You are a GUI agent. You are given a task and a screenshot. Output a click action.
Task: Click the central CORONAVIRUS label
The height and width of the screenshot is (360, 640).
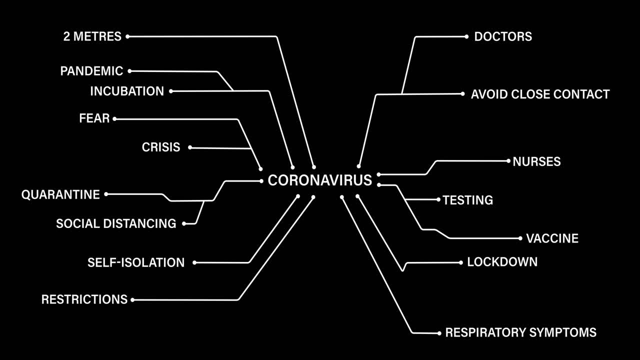click(x=320, y=180)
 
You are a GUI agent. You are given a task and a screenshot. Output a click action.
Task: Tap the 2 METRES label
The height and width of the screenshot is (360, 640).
click(x=92, y=36)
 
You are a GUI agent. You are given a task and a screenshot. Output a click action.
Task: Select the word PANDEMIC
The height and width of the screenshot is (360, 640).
click(x=91, y=71)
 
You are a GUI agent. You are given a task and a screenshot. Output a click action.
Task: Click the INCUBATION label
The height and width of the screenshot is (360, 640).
click(x=127, y=91)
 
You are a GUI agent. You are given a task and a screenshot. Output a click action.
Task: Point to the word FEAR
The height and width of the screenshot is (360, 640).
click(x=94, y=119)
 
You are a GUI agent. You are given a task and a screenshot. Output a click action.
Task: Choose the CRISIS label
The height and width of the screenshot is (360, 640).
click(x=161, y=147)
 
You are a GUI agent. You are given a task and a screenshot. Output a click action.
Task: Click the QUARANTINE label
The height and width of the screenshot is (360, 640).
click(x=60, y=194)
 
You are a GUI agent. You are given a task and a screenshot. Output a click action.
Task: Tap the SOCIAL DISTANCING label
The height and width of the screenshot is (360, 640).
click(x=116, y=223)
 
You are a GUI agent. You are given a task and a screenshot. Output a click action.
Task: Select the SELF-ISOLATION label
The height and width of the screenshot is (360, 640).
click(x=136, y=262)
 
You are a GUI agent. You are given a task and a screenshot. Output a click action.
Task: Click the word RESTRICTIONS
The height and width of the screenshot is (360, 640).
click(x=84, y=299)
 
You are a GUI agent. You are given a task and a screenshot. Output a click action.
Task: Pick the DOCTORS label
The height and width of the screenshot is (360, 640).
click(x=503, y=36)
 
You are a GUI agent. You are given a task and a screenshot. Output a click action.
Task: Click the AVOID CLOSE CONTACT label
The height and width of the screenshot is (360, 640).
click(x=540, y=94)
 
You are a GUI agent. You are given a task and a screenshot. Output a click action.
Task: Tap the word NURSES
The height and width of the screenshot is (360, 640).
click(x=536, y=161)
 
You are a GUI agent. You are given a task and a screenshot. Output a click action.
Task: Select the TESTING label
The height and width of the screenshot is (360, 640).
click(x=468, y=200)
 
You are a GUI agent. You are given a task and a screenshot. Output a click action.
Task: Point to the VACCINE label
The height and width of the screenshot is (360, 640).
click(x=552, y=238)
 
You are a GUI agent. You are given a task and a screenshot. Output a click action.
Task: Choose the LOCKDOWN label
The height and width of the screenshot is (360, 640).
click(x=502, y=262)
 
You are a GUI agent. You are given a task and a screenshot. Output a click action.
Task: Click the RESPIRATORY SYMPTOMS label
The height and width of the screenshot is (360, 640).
click(x=520, y=332)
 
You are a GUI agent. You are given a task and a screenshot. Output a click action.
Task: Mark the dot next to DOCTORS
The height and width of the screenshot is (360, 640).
click(x=466, y=36)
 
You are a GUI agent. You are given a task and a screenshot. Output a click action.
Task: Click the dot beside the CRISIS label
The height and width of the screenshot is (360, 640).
click(x=190, y=147)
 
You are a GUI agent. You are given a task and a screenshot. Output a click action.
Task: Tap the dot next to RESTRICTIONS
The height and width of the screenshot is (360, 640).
click(x=132, y=300)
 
